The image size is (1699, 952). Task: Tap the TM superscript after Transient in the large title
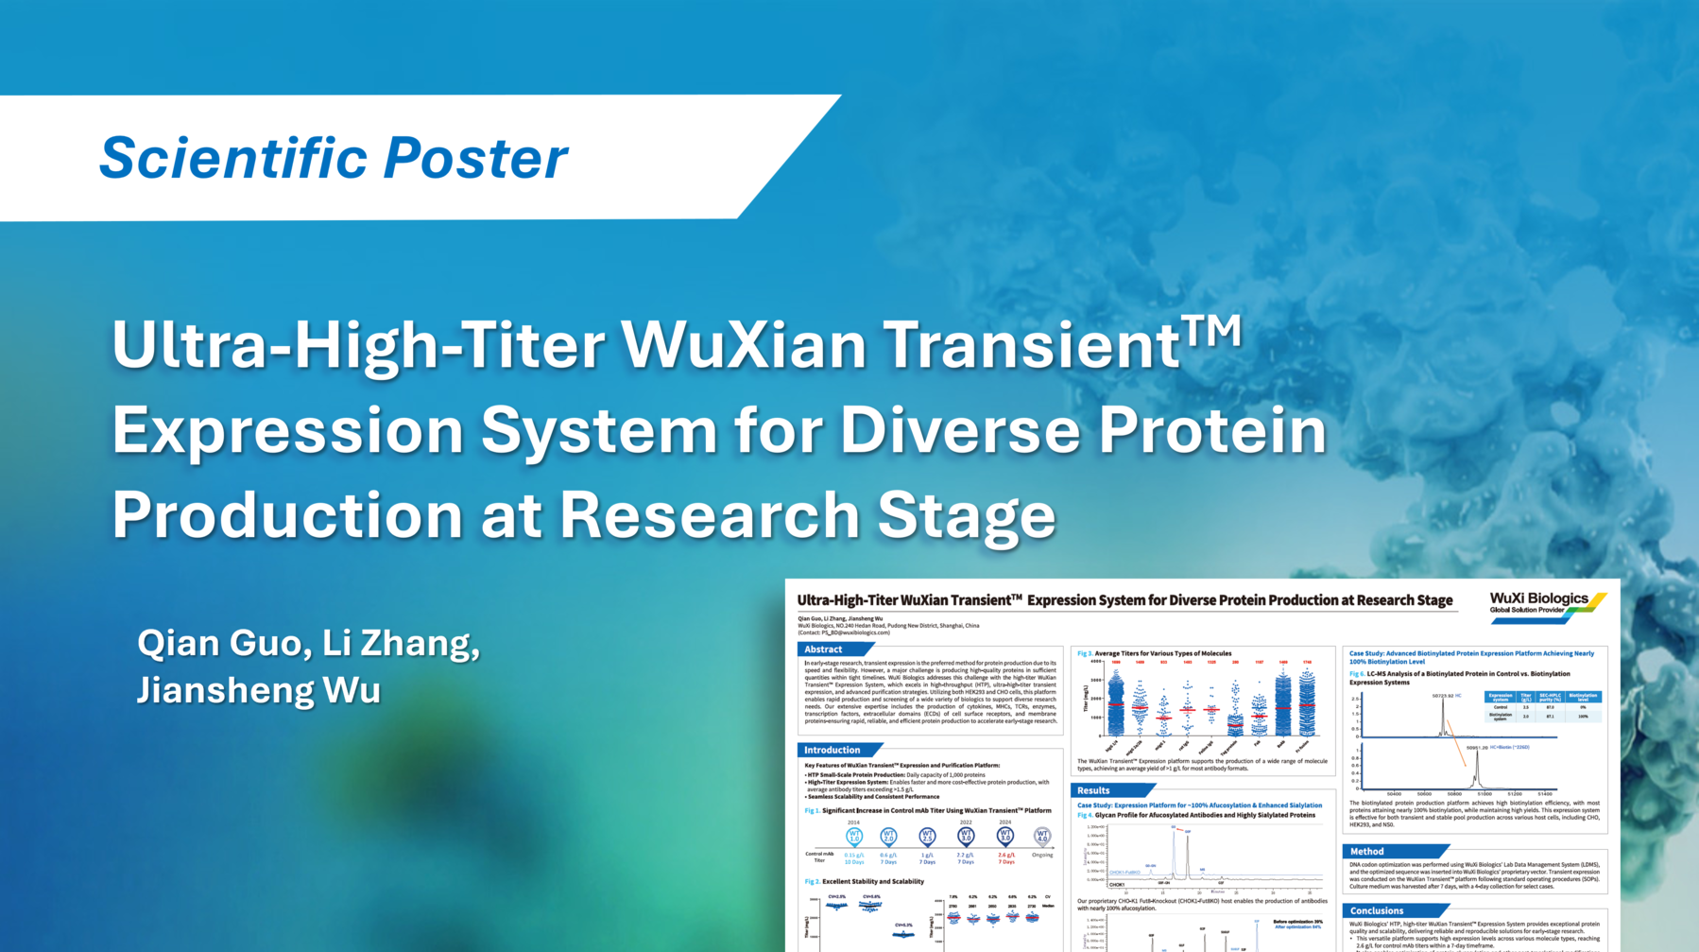[1211, 332]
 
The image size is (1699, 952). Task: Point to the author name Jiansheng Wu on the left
[258, 690]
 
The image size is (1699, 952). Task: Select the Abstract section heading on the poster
[823, 649]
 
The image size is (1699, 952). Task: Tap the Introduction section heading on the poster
[832, 750]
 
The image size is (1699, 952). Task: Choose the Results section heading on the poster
[1093, 790]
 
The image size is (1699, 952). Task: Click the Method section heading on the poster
[1366, 851]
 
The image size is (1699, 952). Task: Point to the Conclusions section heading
[1376, 910]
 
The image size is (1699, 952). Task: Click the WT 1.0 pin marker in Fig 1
[853, 837]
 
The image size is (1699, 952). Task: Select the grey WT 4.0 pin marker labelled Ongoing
[1041, 837]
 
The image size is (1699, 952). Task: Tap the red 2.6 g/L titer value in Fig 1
[1006, 855]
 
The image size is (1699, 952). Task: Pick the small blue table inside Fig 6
[1542, 706]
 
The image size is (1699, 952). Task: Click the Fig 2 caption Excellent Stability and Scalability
[872, 881]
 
